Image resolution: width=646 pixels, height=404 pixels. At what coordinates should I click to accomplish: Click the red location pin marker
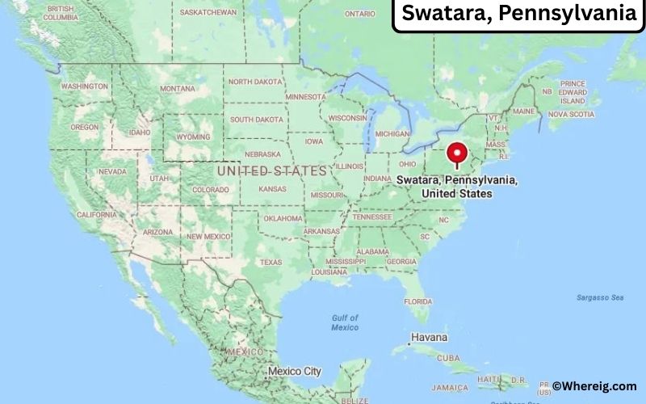pyautogui.click(x=458, y=154)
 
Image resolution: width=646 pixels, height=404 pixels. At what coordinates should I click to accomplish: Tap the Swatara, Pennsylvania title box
pyautogui.click(x=518, y=15)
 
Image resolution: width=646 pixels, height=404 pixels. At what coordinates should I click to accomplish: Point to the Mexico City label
pyautogui.click(x=294, y=372)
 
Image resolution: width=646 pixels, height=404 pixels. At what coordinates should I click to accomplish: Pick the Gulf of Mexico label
pyautogui.click(x=345, y=322)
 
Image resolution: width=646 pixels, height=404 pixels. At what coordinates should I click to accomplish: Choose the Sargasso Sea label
pyautogui.click(x=599, y=297)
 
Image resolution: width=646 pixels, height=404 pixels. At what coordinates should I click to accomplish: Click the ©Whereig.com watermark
pyautogui.click(x=594, y=386)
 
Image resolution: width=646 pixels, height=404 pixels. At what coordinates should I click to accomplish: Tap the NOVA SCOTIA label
pyautogui.click(x=571, y=114)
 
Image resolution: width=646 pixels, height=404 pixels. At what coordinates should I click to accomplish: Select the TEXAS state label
pyautogui.click(x=271, y=262)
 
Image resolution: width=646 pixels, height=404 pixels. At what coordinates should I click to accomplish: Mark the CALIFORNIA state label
pyautogui.click(x=96, y=214)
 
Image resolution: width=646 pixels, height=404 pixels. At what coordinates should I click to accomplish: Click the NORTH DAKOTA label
pyautogui.click(x=256, y=82)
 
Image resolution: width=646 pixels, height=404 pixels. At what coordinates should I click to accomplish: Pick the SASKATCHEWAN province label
pyautogui.click(x=208, y=12)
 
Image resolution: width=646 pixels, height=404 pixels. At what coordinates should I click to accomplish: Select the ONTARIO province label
pyautogui.click(x=360, y=14)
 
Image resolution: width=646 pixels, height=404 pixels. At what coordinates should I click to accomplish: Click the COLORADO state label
pyautogui.click(x=211, y=190)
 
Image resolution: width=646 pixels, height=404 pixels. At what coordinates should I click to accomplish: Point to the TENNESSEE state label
pyautogui.click(x=371, y=216)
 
